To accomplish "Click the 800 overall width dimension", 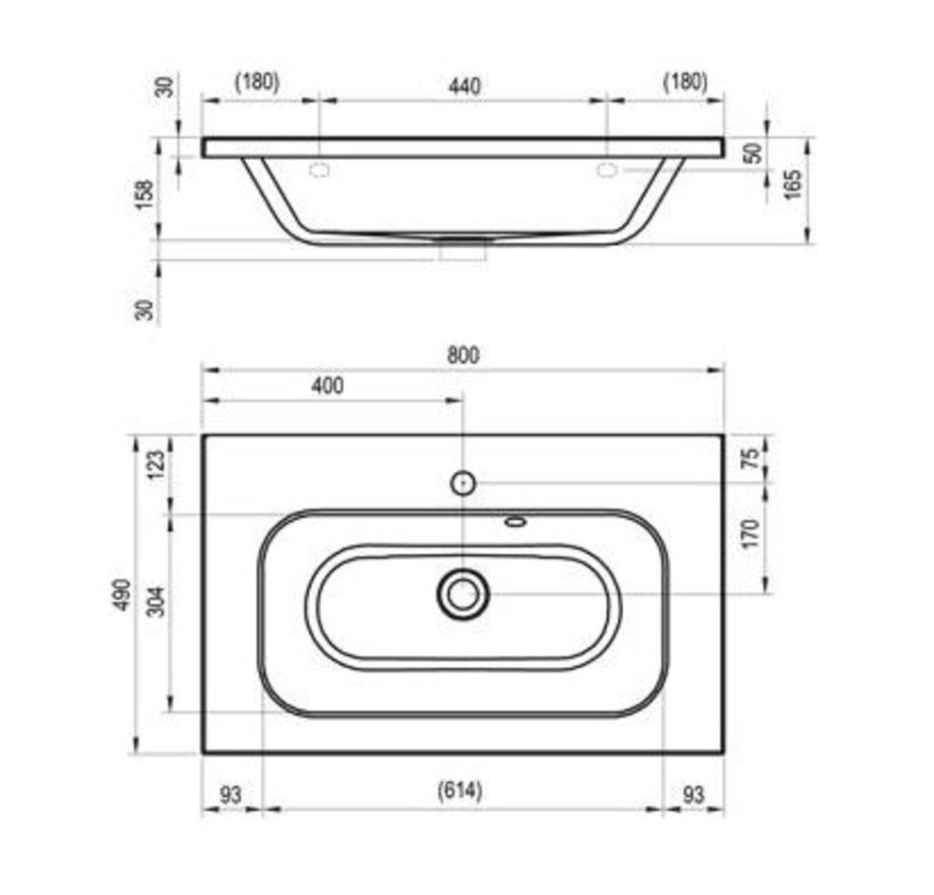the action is coord(463,355).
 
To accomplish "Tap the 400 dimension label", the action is coord(327,386).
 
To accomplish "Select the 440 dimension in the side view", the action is coord(464,87).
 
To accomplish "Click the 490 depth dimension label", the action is coord(123,594).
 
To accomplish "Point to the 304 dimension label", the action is coord(156,602).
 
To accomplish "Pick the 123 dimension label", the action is coord(156,464).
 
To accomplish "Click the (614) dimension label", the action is coord(460,790).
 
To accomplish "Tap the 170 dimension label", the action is coord(752,533).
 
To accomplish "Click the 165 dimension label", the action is coord(793,184).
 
